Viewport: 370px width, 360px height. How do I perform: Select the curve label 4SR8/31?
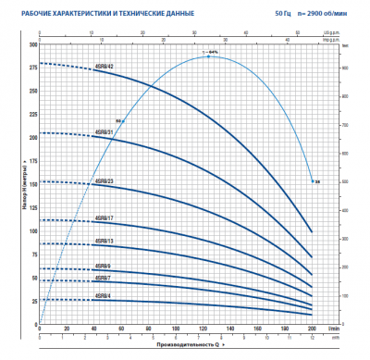[x=104, y=130]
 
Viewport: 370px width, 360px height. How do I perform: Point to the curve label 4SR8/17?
[x=104, y=218]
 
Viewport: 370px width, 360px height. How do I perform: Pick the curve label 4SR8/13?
[x=104, y=241]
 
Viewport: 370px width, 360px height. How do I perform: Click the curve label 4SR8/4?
[x=104, y=296]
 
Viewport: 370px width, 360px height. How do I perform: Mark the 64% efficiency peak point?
[x=209, y=56]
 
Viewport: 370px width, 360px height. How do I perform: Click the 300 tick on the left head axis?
[x=34, y=44]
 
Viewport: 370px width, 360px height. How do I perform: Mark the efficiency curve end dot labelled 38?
[x=313, y=180]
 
